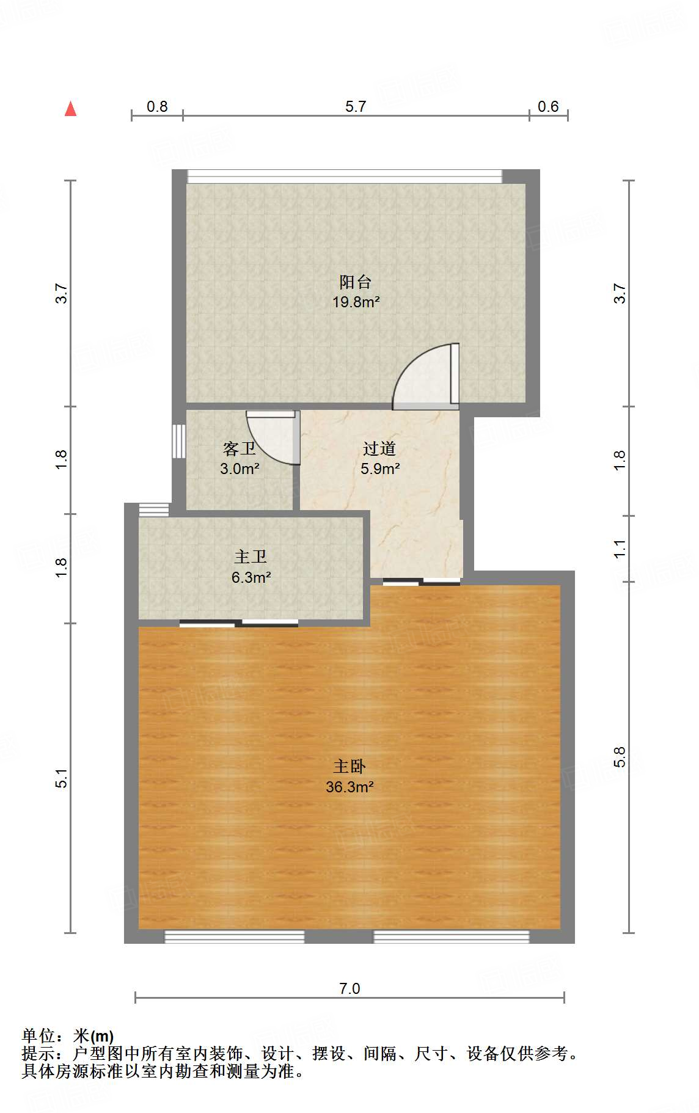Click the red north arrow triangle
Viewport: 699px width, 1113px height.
tap(71, 109)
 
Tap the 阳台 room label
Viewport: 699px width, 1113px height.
tap(355, 282)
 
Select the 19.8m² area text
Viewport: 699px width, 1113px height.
tap(356, 302)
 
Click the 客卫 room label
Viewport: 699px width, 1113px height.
tap(239, 449)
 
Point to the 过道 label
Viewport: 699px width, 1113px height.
tap(379, 449)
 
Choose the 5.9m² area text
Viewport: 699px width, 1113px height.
tap(380, 469)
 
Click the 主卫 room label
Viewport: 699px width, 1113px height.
tap(251, 556)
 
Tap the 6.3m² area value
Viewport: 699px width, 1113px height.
tap(251, 577)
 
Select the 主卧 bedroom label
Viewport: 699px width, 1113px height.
tap(349, 766)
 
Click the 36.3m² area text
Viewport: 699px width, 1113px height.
tap(349, 787)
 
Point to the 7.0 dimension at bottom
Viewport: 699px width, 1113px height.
tap(349, 988)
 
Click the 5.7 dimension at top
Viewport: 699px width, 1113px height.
tap(356, 106)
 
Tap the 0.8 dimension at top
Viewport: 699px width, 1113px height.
tap(157, 106)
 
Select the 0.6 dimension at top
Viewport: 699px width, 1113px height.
tap(548, 106)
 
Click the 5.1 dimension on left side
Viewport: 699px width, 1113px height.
tap(62, 778)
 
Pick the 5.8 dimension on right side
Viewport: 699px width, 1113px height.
tap(620, 757)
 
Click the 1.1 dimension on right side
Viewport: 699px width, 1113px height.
tap(620, 549)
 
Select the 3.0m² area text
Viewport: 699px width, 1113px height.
tap(240, 469)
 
